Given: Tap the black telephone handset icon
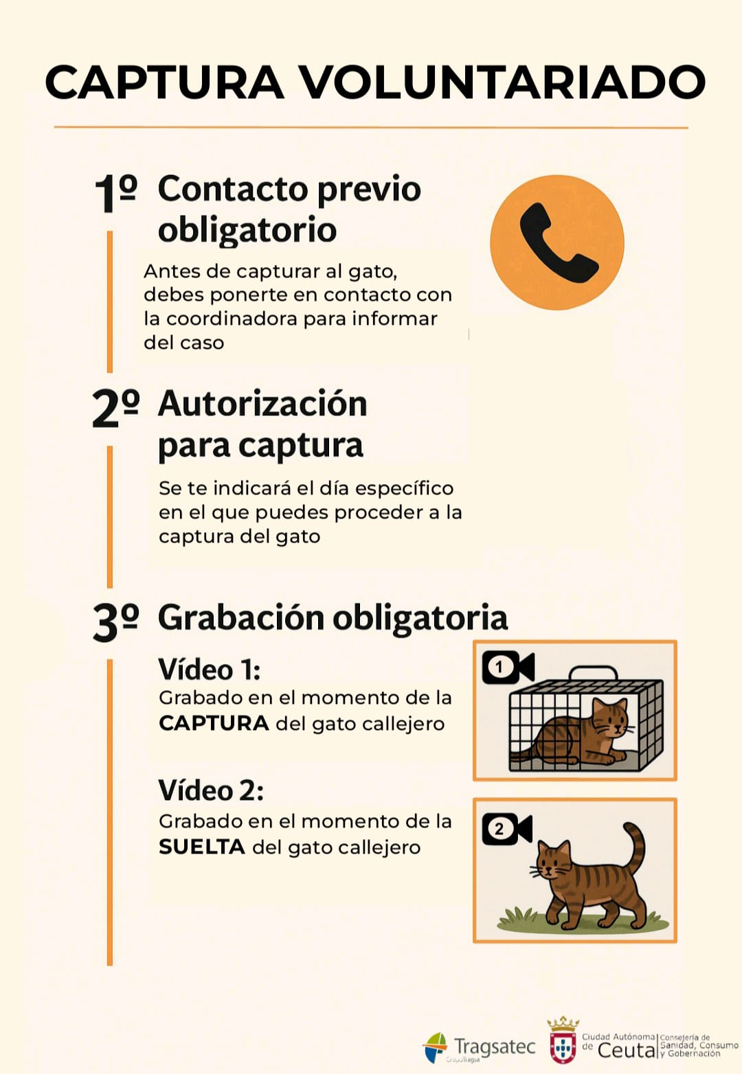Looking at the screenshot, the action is pos(559,242).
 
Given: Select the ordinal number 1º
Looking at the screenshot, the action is pos(115,193).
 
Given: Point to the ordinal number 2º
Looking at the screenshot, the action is pos(115,408).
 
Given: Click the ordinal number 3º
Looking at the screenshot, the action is pos(115,623).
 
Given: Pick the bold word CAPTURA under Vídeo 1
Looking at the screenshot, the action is pos(214,723).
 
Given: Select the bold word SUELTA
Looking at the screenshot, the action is pos(202,847).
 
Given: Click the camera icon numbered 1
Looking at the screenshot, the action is pos(508,667).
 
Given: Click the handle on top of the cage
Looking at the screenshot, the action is pos(593,673).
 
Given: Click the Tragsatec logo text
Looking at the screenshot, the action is pos(495,1047).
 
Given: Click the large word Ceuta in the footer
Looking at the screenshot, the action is pos(626,1051).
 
